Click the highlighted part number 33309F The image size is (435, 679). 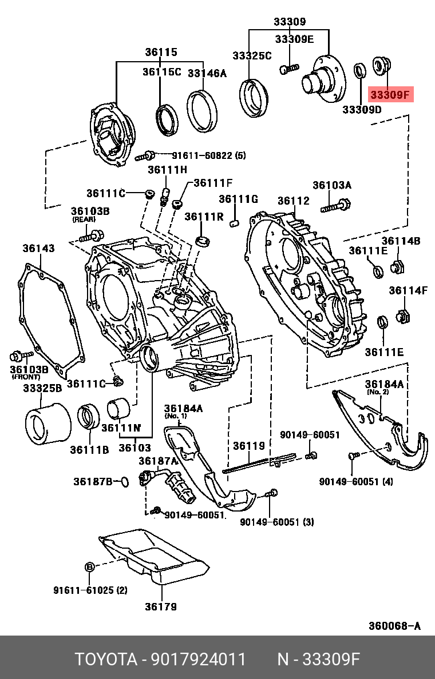(390, 95)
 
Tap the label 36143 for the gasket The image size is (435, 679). (39, 248)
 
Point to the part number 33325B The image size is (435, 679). (42, 388)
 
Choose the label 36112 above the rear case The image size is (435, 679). (294, 201)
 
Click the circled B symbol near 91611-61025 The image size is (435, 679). (89, 566)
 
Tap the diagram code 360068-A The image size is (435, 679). (394, 626)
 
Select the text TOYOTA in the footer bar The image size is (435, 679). (106, 660)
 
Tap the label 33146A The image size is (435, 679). (207, 73)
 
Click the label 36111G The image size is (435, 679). (238, 199)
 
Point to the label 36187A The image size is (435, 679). (158, 461)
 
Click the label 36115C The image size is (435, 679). (162, 72)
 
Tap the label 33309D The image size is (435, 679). (362, 109)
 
